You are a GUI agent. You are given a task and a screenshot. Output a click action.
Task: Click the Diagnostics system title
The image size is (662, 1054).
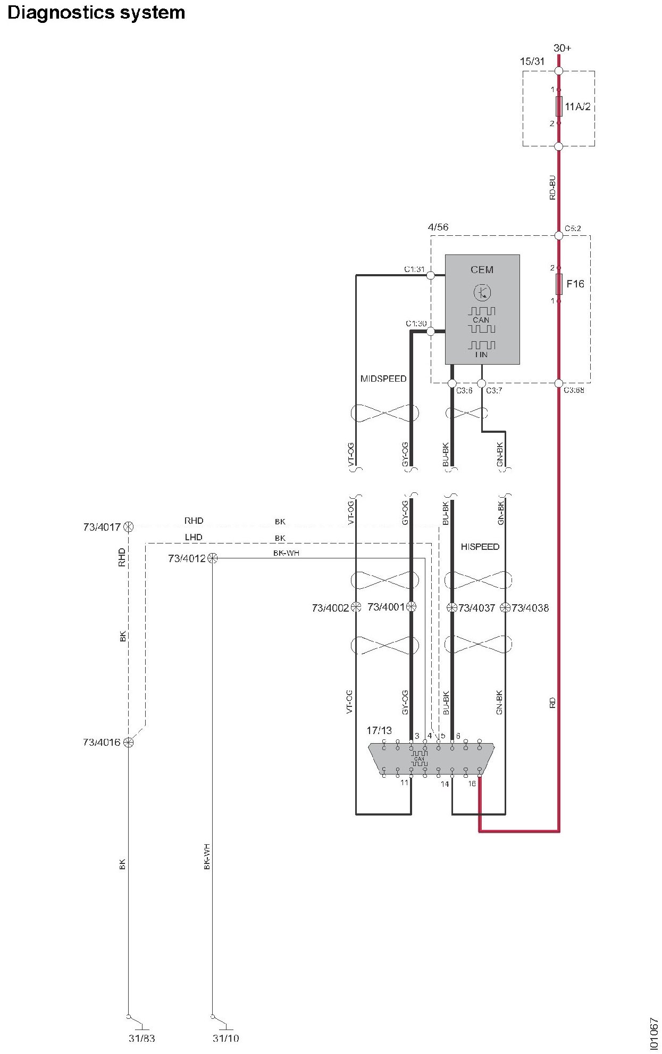pyautogui.click(x=96, y=12)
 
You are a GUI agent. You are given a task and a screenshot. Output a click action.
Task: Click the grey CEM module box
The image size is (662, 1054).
pyautogui.click(x=482, y=309)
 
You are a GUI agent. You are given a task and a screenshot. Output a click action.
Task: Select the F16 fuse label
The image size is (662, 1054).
pyautogui.click(x=575, y=284)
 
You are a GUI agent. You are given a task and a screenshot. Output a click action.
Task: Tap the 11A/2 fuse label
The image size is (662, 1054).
pyautogui.click(x=577, y=106)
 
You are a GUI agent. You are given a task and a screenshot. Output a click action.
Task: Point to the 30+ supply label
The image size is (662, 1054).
pyautogui.click(x=562, y=48)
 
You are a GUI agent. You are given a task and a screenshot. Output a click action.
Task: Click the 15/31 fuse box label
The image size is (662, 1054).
pyautogui.click(x=532, y=61)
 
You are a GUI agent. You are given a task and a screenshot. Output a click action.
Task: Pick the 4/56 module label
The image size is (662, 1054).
pyautogui.click(x=438, y=227)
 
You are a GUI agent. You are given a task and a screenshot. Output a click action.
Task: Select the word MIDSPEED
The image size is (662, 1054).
pyautogui.click(x=383, y=378)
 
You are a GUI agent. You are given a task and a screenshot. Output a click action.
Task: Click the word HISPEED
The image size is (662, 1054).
pyautogui.click(x=480, y=547)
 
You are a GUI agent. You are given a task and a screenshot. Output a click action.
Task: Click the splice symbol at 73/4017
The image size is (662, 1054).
pyautogui.click(x=128, y=527)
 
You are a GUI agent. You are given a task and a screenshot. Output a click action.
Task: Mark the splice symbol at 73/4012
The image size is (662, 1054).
pyautogui.click(x=212, y=558)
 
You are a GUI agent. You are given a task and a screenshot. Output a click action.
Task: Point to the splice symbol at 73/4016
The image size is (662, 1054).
pyautogui.click(x=128, y=742)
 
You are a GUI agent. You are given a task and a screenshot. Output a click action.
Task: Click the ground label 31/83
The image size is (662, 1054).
pyautogui.click(x=141, y=1038)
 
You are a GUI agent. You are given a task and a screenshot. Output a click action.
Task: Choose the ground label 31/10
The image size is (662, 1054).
pyautogui.click(x=225, y=1038)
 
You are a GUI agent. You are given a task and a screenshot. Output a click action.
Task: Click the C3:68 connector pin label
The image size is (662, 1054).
pyautogui.click(x=573, y=391)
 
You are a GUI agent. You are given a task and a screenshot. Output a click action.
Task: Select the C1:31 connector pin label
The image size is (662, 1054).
pyautogui.click(x=415, y=269)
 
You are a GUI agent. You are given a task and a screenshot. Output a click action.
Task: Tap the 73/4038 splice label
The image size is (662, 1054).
pyautogui.click(x=530, y=607)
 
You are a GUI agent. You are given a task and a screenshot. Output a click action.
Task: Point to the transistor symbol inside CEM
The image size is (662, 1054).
pyautogui.click(x=482, y=292)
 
